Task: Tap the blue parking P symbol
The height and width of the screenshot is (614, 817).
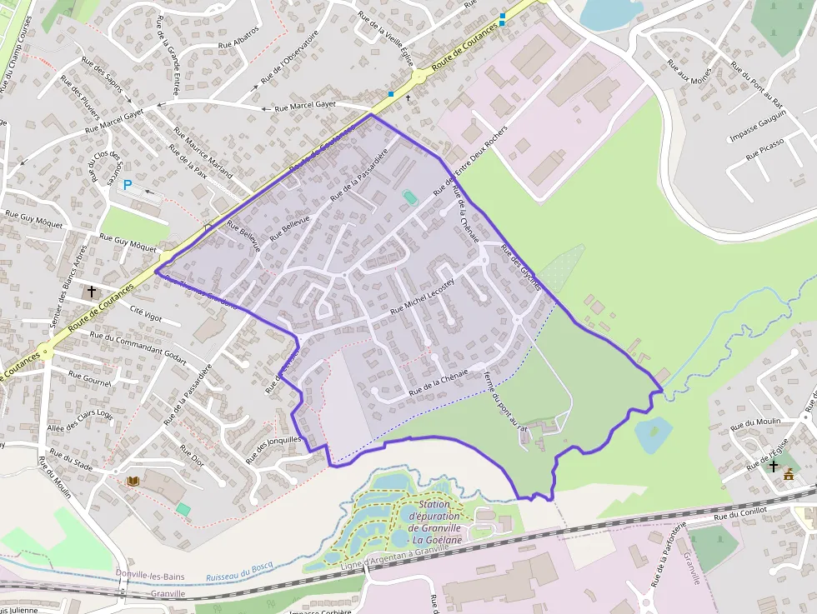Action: pos(128,185)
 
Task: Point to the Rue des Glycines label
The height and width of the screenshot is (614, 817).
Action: pos(521,267)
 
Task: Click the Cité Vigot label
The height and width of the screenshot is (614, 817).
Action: pos(147,312)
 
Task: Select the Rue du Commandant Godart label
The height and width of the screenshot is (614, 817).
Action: pos(138,347)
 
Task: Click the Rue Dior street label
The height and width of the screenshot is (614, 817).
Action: pos(192,454)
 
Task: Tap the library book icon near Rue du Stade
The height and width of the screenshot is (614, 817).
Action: pos(133,481)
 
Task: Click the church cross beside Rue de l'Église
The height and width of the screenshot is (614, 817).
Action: pos(774,466)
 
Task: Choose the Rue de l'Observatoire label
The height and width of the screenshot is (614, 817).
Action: pos(289,57)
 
